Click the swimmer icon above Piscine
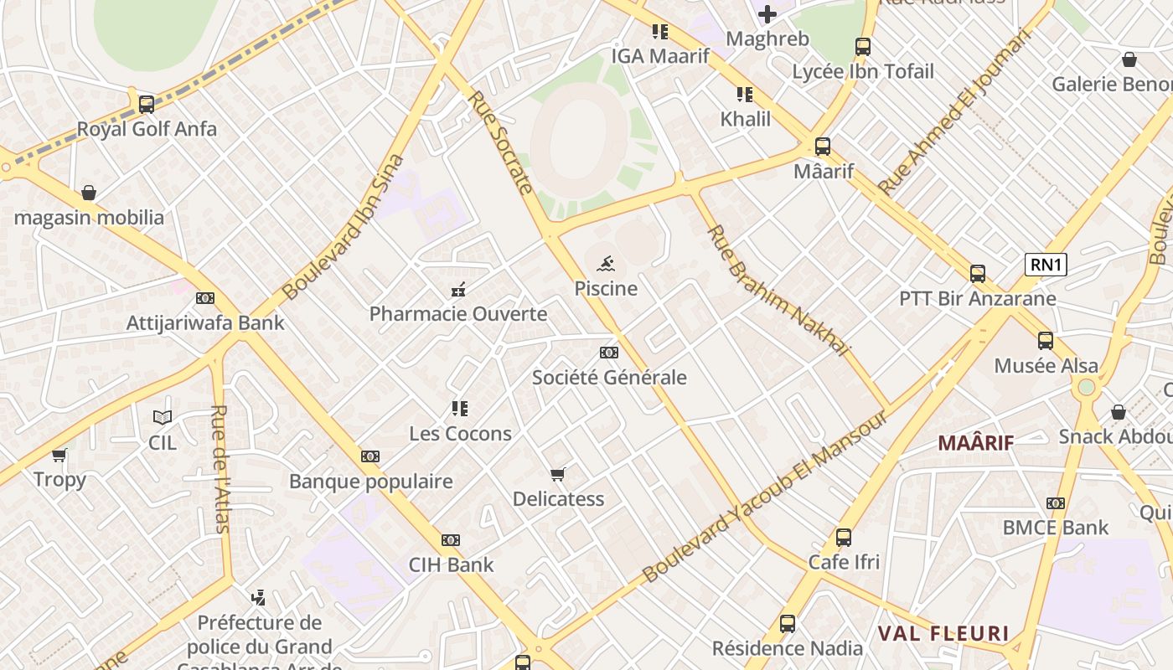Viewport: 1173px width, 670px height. pyautogui.click(x=605, y=265)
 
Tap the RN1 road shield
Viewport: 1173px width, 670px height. pyautogui.click(x=1046, y=265)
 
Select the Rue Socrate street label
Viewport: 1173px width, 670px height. pyautogui.click(x=500, y=142)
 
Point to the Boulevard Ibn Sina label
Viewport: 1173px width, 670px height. pyautogui.click(x=344, y=227)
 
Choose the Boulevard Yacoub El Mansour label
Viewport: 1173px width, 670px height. pyautogui.click(x=765, y=496)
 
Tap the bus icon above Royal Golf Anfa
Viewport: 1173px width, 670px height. pyautogui.click(x=147, y=105)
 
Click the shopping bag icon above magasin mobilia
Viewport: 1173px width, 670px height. pyautogui.click(x=89, y=193)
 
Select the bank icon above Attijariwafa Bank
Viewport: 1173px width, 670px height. pyautogui.click(x=205, y=298)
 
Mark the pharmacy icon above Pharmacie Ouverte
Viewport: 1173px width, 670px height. pyautogui.click(x=458, y=290)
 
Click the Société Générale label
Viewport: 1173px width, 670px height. pyautogui.click(x=609, y=378)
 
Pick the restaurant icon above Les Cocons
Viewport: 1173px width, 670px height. pyautogui.click(x=460, y=409)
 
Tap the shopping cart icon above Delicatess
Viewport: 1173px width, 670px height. pyautogui.click(x=558, y=474)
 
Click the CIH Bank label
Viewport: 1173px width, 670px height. pyautogui.click(x=452, y=564)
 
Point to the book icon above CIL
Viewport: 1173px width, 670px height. pyautogui.click(x=163, y=417)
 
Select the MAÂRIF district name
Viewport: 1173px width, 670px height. pyautogui.click(x=975, y=443)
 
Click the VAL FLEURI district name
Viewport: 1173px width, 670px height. pyautogui.click(x=943, y=633)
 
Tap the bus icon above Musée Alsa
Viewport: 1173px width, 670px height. pyautogui.click(x=1046, y=341)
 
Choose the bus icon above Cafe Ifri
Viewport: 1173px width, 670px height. pyautogui.click(x=844, y=538)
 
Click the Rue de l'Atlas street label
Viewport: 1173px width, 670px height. pyautogui.click(x=220, y=469)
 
